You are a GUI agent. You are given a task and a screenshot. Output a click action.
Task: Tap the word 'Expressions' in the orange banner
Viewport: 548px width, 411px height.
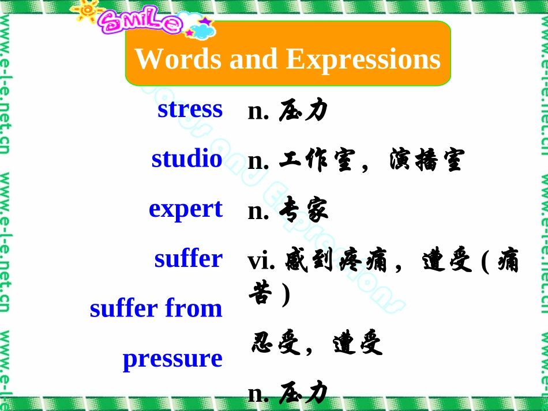363,59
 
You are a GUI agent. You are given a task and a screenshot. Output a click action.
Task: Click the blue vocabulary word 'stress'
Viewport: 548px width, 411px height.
190,108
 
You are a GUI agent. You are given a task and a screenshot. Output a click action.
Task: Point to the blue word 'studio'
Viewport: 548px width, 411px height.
187,159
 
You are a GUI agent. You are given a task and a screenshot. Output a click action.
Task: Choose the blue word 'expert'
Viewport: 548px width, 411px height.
186,208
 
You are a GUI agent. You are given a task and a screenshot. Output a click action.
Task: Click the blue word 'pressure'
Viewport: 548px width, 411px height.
172,359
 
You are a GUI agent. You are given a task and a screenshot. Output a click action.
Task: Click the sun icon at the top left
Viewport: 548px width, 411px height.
87,13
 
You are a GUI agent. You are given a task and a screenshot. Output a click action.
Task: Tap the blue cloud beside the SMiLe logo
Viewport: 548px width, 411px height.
202,30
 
